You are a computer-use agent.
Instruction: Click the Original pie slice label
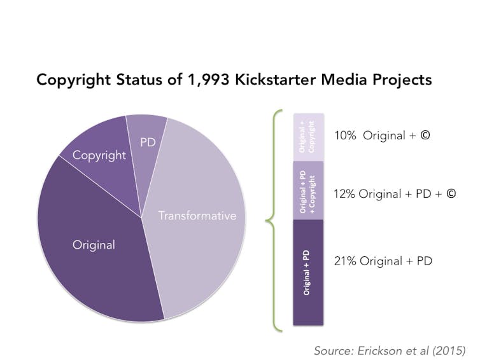tap(94, 245)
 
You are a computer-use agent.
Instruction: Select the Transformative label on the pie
tap(197, 216)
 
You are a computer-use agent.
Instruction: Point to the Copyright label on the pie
tap(99, 155)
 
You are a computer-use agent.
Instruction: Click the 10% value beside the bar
tap(344, 135)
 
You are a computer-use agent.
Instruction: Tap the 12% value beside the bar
tap(344, 193)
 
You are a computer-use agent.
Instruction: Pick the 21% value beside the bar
tap(344, 261)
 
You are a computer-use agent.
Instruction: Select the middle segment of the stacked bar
tap(308, 190)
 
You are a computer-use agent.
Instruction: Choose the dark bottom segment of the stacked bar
tap(308, 272)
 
